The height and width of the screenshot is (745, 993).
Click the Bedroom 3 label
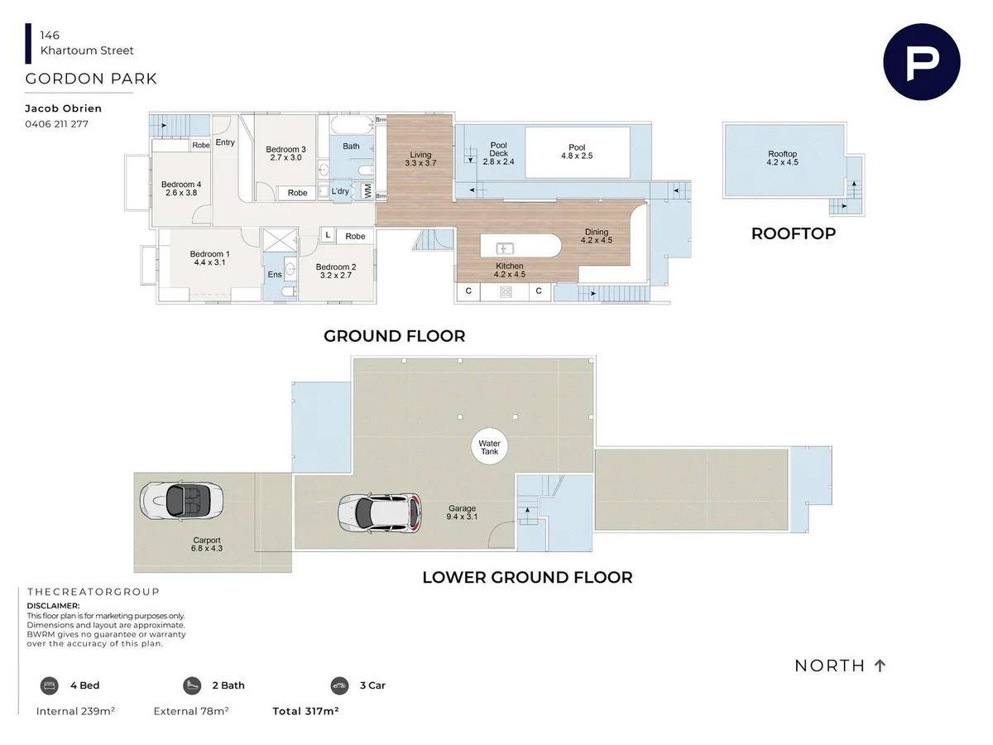coord(286,150)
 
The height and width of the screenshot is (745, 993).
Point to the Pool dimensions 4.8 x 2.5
coord(577,156)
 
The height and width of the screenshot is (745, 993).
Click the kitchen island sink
coord(504,248)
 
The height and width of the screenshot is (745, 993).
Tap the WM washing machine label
coord(367,190)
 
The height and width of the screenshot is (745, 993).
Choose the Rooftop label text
coord(782,154)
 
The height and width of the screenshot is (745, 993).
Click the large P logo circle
coord(921,62)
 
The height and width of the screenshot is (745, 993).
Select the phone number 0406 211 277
coord(57,124)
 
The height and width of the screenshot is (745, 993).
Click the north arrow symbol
coord(880,666)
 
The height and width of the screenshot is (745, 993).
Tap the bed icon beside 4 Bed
coord(50,685)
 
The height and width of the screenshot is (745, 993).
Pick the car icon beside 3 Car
coord(339,685)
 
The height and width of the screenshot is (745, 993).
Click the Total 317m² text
coord(305,711)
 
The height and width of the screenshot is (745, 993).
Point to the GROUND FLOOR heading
coord(394,336)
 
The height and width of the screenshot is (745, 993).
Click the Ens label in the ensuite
coord(275,275)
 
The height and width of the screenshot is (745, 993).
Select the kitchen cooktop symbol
coord(504,291)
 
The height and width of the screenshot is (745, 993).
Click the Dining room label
coord(596,233)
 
